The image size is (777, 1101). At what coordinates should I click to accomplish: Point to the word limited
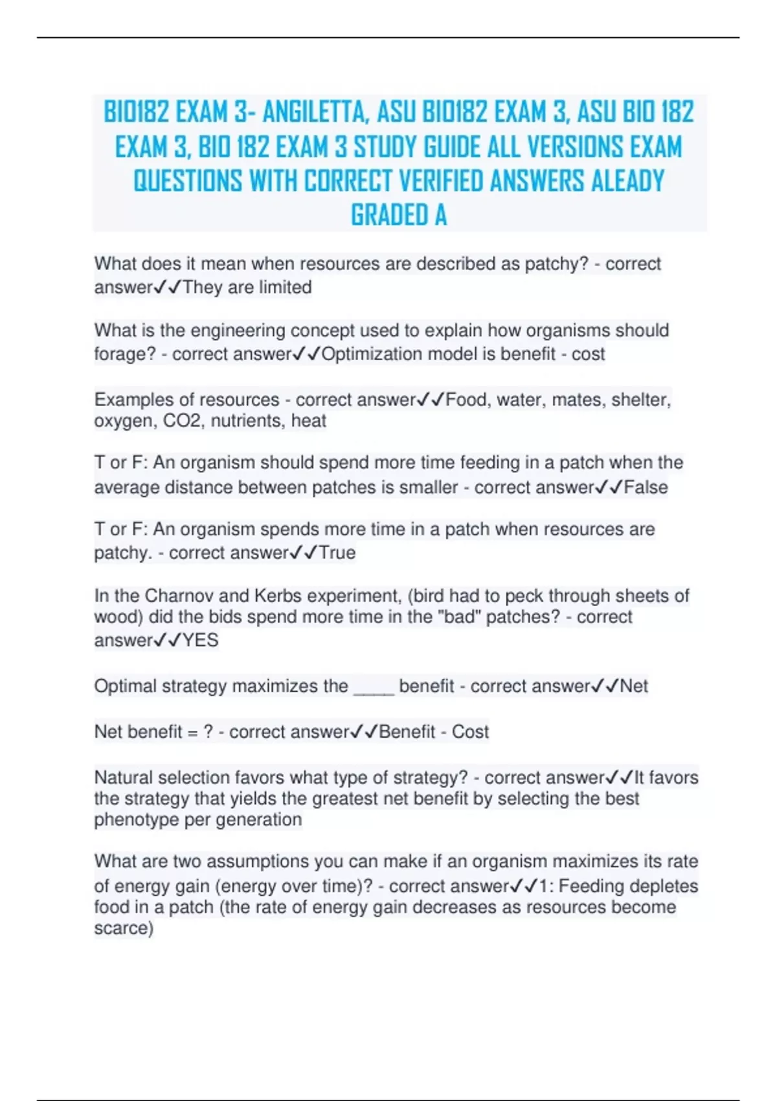pyautogui.click(x=285, y=287)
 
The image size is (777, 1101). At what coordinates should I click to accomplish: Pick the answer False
pyautogui.click(x=646, y=487)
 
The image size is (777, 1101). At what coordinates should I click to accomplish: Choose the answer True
pyautogui.click(x=337, y=552)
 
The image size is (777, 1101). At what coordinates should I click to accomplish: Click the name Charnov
pyautogui.click(x=180, y=596)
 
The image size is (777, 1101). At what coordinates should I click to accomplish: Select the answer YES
pyautogui.click(x=200, y=641)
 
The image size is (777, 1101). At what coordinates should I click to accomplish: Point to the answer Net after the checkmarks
pyautogui.click(x=634, y=686)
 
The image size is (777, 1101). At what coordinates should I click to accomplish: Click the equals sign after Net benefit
pyautogui.click(x=192, y=732)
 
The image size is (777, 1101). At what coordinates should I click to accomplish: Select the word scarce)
pyautogui.click(x=124, y=928)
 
